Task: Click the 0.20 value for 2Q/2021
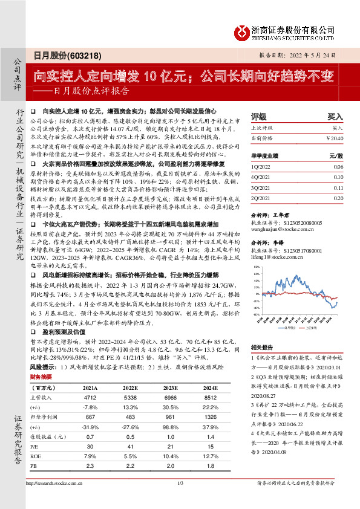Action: (338, 198)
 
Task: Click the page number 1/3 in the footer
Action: (180, 499)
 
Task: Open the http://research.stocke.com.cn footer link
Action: (54, 499)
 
